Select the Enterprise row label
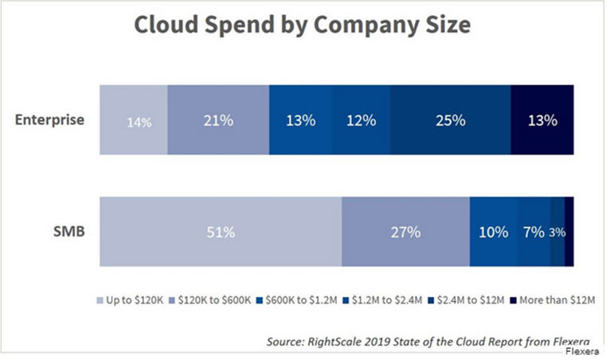tap(50, 120)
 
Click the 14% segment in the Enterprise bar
tap(133, 120)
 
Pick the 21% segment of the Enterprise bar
tap(217, 120)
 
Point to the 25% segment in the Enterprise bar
tap(450, 120)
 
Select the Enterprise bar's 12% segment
tap(361, 120)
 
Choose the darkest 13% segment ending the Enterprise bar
tap(542, 120)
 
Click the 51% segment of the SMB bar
tap(220, 232)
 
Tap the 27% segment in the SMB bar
tap(405, 232)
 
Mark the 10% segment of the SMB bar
tap(493, 232)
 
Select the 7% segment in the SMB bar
tap(534, 232)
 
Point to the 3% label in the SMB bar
tap(557, 233)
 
